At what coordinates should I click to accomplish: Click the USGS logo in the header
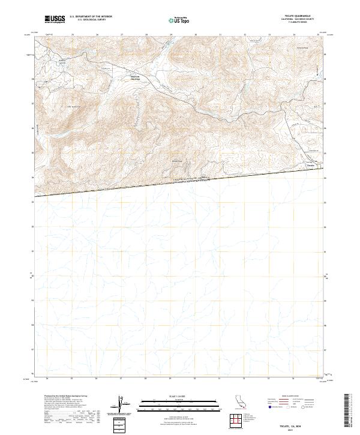pos(55,20)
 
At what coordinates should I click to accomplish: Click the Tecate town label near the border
pos(311,166)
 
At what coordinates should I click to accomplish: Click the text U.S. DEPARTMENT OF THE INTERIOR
pos(91,17)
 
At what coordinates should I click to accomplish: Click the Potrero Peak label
pos(301,48)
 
